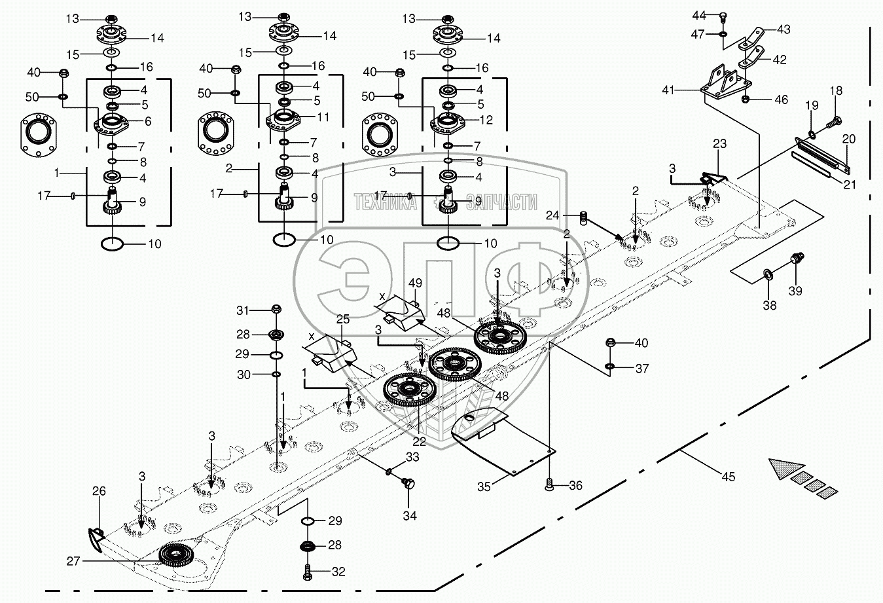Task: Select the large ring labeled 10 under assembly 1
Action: click(113, 244)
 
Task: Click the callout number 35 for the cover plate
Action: click(483, 487)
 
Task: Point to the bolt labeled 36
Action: click(549, 485)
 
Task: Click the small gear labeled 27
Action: click(176, 556)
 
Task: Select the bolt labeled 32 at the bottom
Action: click(308, 571)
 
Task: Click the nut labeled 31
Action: click(276, 309)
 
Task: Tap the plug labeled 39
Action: click(797, 260)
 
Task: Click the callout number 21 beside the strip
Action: click(849, 184)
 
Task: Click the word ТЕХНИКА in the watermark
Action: click(385, 203)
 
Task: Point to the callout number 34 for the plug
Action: click(410, 516)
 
